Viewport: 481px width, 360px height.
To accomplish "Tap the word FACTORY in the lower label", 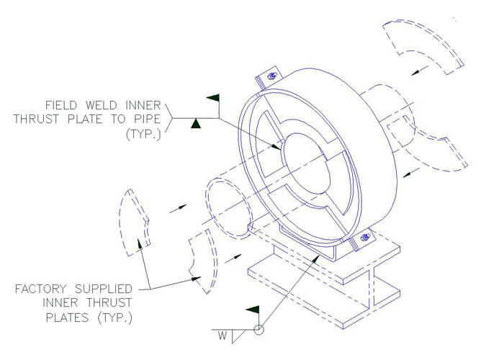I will coord(39,289).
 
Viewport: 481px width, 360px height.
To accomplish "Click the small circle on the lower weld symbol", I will coord(258,331).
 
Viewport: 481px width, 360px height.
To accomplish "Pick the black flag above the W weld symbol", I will coord(252,310).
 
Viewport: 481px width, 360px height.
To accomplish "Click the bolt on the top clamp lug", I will coord(271,76).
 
